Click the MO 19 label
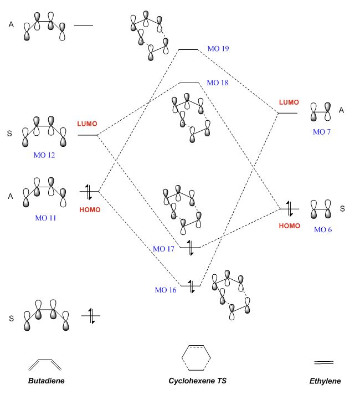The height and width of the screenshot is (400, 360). point(218,49)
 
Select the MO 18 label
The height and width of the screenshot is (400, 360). point(217,83)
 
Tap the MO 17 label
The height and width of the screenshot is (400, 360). point(164,249)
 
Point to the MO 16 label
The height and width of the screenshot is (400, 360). point(166,289)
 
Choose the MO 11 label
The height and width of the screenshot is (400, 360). point(45,218)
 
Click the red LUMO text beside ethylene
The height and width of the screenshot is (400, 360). point(289,102)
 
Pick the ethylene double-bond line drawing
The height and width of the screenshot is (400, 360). point(323,362)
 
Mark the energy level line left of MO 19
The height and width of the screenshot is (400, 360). point(188,49)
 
